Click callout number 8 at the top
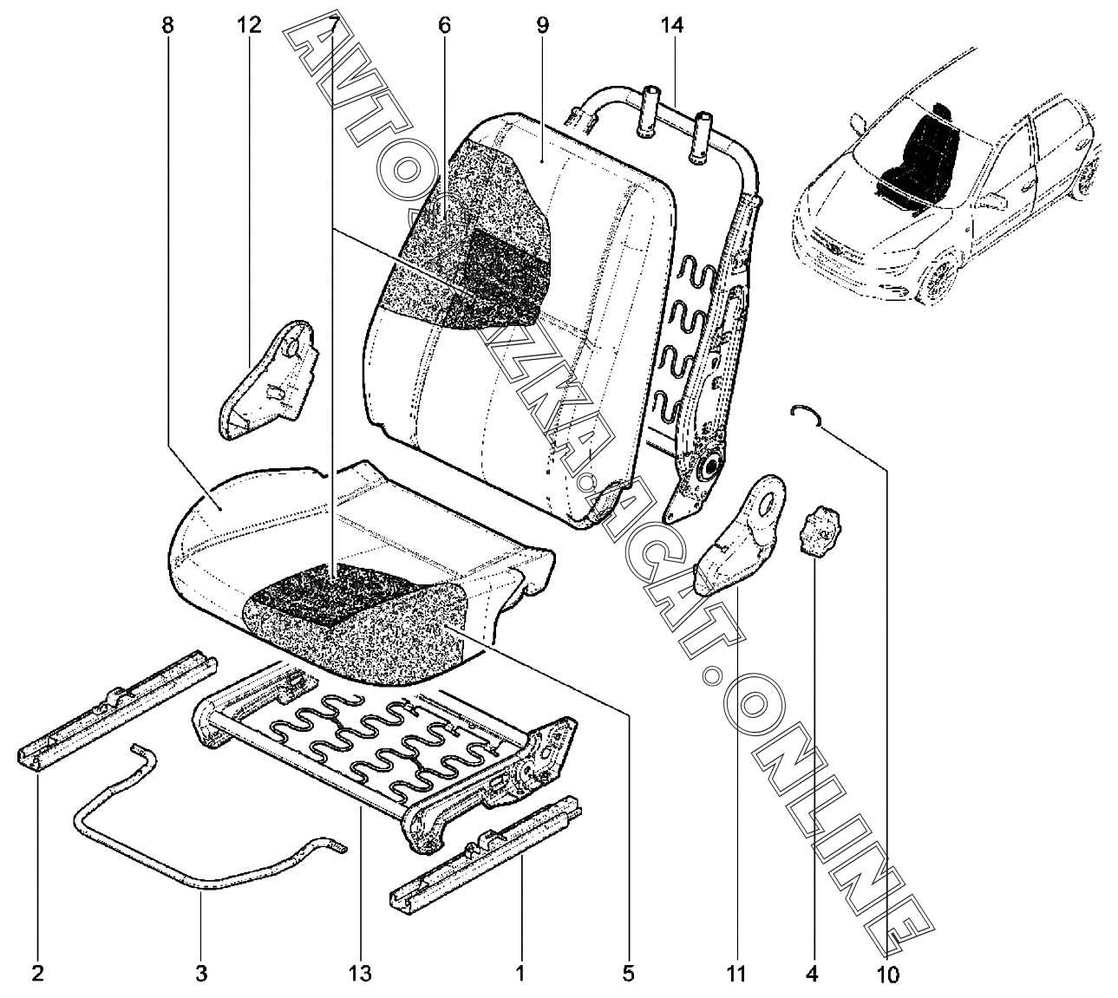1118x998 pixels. pyautogui.click(x=167, y=25)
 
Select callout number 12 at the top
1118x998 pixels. pyautogui.click(x=248, y=25)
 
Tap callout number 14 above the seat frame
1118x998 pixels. pyautogui.click(x=672, y=25)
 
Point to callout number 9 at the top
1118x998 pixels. pyautogui.click(x=542, y=25)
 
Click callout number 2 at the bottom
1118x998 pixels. pyautogui.click(x=37, y=974)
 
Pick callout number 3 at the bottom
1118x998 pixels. pyautogui.click(x=201, y=974)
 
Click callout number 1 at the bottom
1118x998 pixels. pyautogui.click(x=520, y=974)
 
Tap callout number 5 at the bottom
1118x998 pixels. pyautogui.click(x=629, y=974)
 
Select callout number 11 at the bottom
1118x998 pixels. pyautogui.click(x=736, y=974)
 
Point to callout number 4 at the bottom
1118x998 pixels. pyautogui.click(x=812, y=974)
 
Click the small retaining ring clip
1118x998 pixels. pyautogui.click(x=807, y=414)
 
